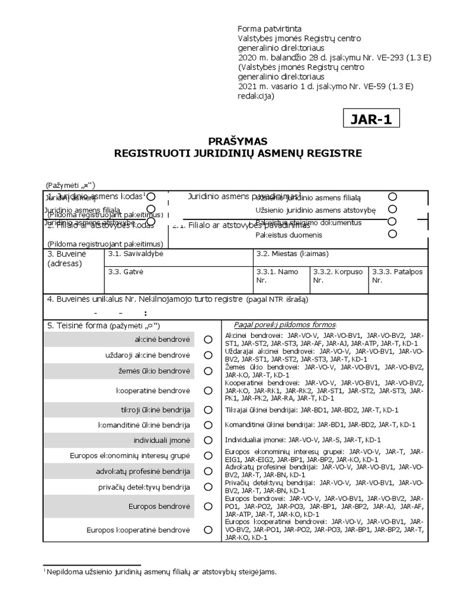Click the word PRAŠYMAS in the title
click(x=238, y=141)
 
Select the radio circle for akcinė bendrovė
click(x=208, y=340)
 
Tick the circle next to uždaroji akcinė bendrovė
click(x=208, y=355)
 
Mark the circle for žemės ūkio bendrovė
click(x=208, y=371)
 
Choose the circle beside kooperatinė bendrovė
click(x=208, y=391)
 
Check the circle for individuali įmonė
click(x=208, y=440)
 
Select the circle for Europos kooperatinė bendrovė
click(x=208, y=530)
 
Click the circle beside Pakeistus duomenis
click(x=392, y=234)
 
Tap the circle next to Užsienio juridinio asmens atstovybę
click(x=392, y=209)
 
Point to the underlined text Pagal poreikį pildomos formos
click(x=285, y=325)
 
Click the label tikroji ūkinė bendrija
click(x=155, y=410)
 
